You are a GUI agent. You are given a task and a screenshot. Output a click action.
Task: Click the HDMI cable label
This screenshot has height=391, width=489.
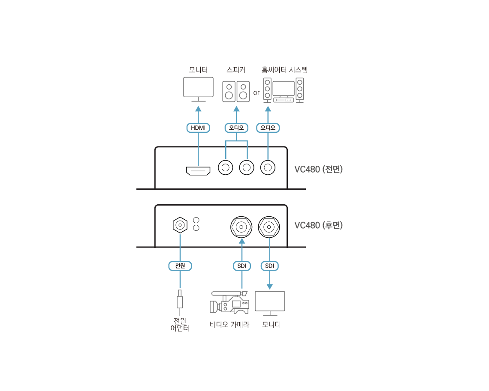click(198, 128)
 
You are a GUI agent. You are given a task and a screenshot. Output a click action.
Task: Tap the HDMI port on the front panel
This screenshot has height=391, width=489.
click(198, 170)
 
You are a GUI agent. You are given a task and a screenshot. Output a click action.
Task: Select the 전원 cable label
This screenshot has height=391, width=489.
click(180, 266)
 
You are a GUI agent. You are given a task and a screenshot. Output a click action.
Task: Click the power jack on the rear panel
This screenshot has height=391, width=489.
click(180, 225)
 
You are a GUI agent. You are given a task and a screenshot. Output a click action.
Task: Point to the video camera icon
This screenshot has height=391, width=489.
click(229, 302)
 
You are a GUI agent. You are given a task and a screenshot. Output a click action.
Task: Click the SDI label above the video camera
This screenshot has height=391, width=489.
click(241, 266)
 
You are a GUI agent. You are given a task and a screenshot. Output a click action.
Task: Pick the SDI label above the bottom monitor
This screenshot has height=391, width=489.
click(269, 266)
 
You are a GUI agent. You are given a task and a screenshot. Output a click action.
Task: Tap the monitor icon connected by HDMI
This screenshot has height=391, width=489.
click(198, 90)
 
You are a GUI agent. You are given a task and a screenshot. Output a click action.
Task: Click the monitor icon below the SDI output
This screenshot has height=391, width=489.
click(270, 303)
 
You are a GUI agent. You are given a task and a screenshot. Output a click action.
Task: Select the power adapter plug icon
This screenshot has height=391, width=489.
click(180, 302)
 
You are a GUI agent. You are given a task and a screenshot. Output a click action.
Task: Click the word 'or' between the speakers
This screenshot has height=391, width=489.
click(257, 93)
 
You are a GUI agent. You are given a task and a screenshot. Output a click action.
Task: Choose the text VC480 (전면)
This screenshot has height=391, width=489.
click(318, 169)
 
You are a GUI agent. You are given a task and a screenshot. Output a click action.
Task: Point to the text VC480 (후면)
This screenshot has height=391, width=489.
click(318, 225)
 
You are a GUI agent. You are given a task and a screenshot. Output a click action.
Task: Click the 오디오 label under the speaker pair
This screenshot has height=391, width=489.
click(236, 128)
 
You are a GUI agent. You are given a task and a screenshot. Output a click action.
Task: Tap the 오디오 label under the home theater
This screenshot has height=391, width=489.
click(268, 128)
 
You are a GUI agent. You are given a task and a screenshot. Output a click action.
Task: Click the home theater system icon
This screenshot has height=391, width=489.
click(284, 90)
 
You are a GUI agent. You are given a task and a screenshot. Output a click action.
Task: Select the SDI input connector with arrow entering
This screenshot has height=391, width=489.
click(241, 227)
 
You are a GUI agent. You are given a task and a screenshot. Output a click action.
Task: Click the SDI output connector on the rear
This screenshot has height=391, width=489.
click(269, 227)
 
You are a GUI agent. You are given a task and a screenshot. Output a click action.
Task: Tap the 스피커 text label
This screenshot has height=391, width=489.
click(236, 70)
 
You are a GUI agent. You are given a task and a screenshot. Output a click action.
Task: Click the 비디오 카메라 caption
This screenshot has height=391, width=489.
click(229, 325)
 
